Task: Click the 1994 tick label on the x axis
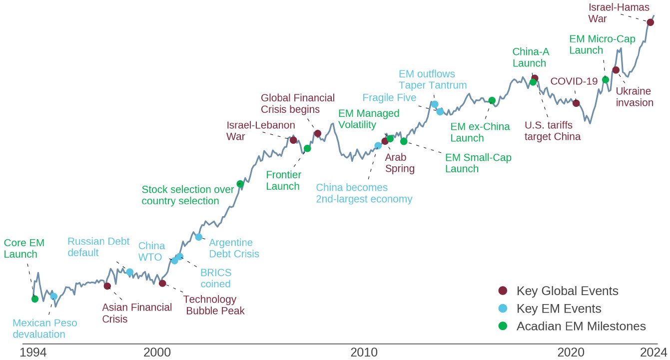[x=33, y=353]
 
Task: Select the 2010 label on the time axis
[x=364, y=353]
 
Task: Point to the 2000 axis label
[x=157, y=353]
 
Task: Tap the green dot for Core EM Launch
[x=34, y=299]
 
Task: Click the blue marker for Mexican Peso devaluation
[x=53, y=296]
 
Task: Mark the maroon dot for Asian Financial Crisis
[x=107, y=286]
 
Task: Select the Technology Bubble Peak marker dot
[x=162, y=283]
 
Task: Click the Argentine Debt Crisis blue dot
[x=199, y=237]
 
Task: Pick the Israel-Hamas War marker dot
[x=650, y=22]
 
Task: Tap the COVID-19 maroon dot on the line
[x=576, y=103]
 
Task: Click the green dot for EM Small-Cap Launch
[x=404, y=141]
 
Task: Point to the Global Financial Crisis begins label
[x=298, y=103]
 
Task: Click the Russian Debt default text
[x=98, y=247]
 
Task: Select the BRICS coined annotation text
[x=216, y=278]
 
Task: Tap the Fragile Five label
[x=389, y=97]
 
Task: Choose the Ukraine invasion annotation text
[x=635, y=96]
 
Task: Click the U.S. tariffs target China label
[x=553, y=131]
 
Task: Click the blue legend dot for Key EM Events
[x=503, y=308]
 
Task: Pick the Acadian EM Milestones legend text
[x=581, y=326]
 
